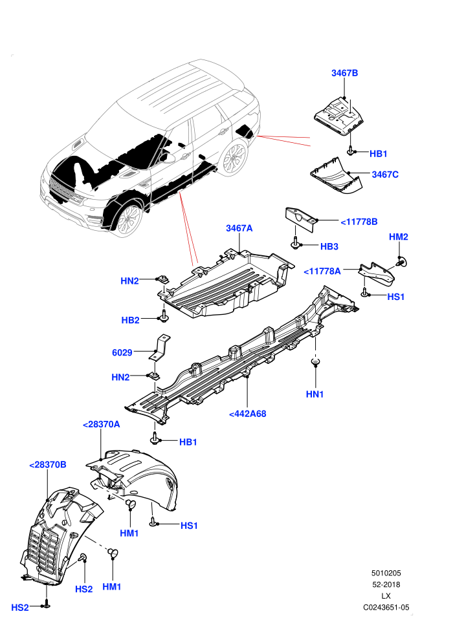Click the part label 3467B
point(344,73)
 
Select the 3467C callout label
point(385,175)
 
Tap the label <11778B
point(359,222)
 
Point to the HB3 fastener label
point(329,246)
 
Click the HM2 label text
point(398,237)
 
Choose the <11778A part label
point(322,271)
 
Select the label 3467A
point(239,228)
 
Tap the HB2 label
point(130,320)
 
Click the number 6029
point(122,352)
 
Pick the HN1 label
point(315,394)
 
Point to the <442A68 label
point(248,414)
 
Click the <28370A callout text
point(102,424)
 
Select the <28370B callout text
point(48,465)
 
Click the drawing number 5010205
point(386,573)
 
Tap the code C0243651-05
point(386,607)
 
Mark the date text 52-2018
point(386,584)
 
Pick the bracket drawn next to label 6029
point(160,347)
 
